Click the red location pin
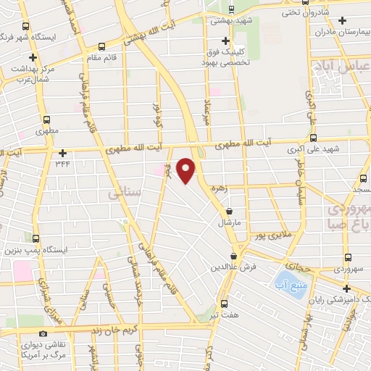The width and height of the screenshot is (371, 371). pos(187,170)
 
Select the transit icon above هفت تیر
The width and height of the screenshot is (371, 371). pos(223,304)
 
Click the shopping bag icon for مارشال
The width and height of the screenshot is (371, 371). pos(229,211)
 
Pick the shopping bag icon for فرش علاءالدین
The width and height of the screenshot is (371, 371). pos(233,257)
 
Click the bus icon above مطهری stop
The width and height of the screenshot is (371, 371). pos(48,120)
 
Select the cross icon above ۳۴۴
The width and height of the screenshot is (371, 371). pos(64,153)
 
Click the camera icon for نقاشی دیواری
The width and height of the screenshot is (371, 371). pos(44,333)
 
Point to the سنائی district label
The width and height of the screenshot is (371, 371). pos(120,194)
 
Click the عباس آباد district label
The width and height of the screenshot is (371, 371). pos(340,67)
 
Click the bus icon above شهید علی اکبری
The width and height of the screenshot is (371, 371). pos(313,138)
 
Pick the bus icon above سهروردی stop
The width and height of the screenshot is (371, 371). pos(348,257)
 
